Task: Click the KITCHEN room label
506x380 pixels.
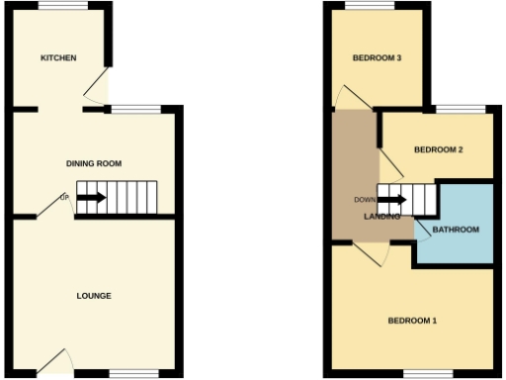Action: click(x=58, y=58)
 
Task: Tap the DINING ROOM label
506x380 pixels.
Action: click(x=94, y=163)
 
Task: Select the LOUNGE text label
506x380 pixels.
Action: click(x=94, y=296)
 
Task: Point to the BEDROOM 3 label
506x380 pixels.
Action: click(x=378, y=58)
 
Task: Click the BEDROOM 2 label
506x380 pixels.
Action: click(x=439, y=150)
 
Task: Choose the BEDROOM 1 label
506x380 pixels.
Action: click(x=412, y=321)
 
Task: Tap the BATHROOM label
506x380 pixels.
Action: click(x=456, y=230)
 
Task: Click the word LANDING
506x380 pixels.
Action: click(x=381, y=216)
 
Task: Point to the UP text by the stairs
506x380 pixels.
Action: click(x=65, y=198)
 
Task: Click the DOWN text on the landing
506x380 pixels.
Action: click(x=365, y=199)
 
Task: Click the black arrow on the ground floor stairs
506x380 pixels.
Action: click(x=92, y=198)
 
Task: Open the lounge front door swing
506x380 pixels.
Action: click(x=55, y=361)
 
